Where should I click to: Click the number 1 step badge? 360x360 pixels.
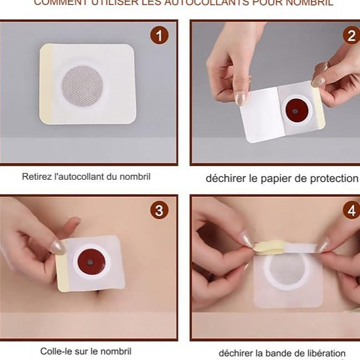click(159, 37)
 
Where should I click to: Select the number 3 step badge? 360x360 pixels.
click(159, 210)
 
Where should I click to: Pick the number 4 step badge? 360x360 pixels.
click(352, 211)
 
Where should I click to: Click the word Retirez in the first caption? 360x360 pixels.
click(36, 178)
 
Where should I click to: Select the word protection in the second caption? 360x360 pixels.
click(331, 178)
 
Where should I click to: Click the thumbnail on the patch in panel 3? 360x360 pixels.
click(58, 247)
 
